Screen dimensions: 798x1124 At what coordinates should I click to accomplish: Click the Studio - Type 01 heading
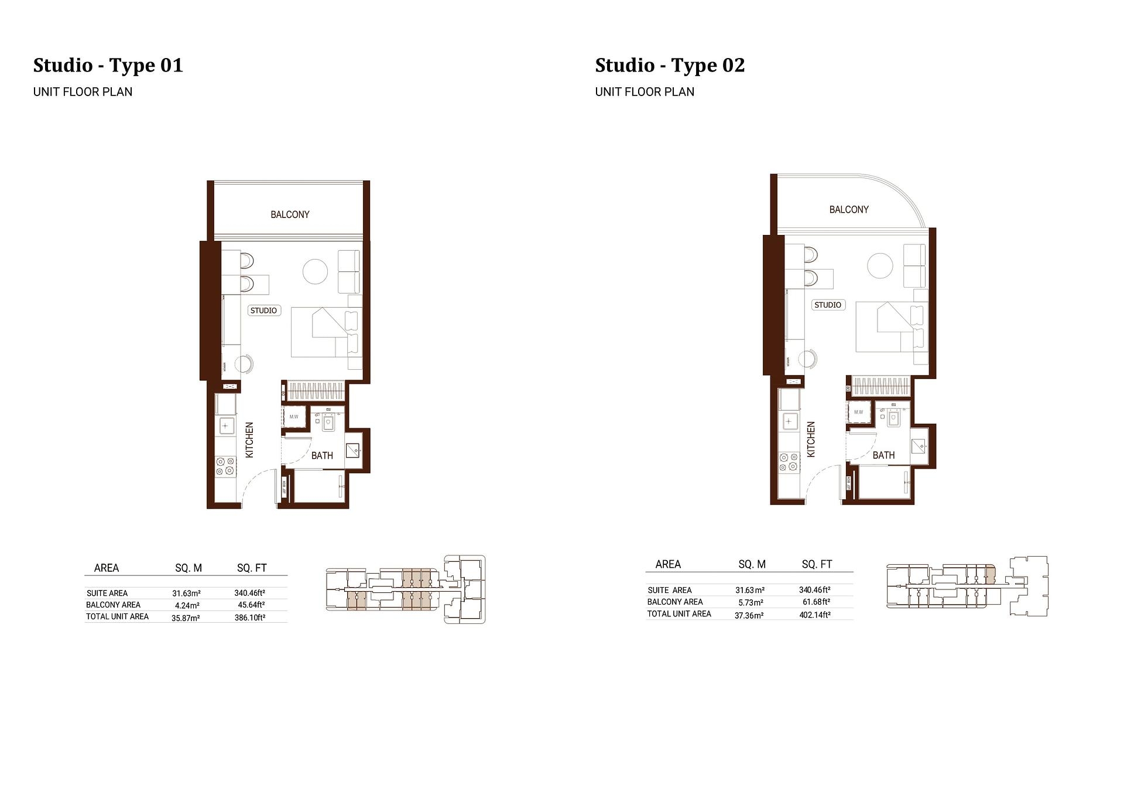coord(108,65)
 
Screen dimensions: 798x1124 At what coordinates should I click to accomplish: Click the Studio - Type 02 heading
coord(670,65)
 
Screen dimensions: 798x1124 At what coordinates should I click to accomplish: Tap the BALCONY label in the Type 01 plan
coord(290,214)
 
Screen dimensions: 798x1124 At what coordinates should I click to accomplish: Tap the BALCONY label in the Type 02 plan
coord(849,210)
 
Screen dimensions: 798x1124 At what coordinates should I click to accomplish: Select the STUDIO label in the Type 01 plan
coord(263,311)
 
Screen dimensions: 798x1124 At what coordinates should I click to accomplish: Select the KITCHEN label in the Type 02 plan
coord(811,439)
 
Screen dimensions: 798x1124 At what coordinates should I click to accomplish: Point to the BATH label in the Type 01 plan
coord(322,455)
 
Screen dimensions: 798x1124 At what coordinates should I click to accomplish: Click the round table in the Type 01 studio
coord(315,271)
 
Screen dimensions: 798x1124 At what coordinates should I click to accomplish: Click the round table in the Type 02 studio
coord(880,265)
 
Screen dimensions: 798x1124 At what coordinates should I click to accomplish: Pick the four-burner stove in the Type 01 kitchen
coord(225,466)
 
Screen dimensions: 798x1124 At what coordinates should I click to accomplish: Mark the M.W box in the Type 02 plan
coord(859,412)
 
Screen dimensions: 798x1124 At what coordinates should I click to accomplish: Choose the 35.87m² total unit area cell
coord(186,618)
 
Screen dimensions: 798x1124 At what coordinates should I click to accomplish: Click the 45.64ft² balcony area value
coord(251,605)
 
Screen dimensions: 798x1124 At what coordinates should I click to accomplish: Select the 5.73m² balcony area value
coord(749,602)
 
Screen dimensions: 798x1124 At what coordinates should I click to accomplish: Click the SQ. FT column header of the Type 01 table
coord(252,568)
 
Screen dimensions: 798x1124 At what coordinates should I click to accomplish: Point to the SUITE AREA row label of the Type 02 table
coord(670,590)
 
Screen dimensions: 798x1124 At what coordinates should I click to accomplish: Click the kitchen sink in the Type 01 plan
coord(226,425)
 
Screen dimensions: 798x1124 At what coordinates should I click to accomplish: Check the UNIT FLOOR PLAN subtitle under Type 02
coord(645,92)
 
